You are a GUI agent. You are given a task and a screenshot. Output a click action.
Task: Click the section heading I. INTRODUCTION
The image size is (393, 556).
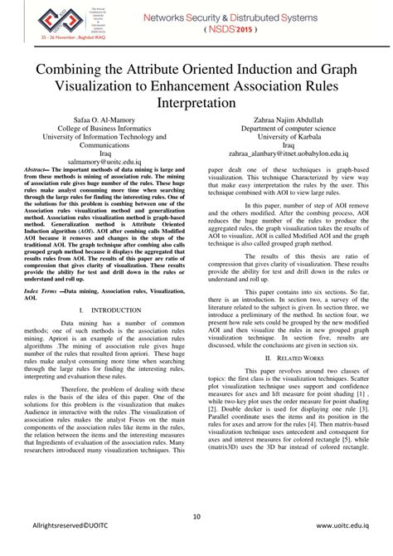(102, 286)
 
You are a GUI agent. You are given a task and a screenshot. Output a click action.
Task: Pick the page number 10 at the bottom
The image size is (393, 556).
(196, 519)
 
